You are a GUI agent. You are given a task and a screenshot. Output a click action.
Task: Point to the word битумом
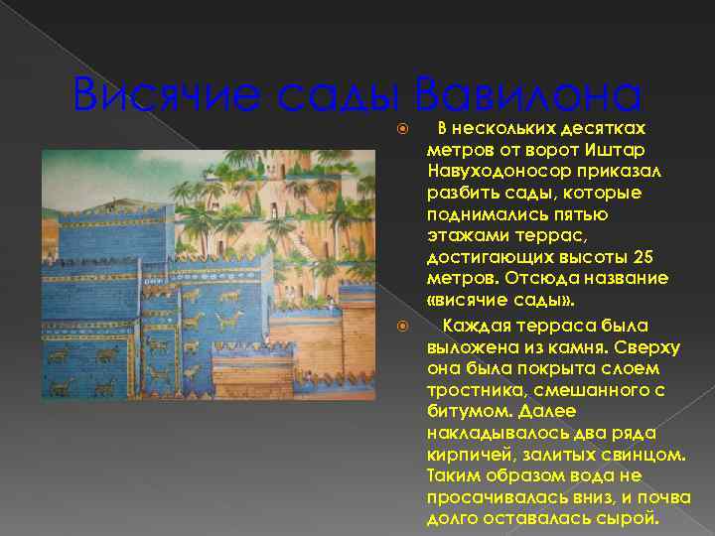(462, 411)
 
